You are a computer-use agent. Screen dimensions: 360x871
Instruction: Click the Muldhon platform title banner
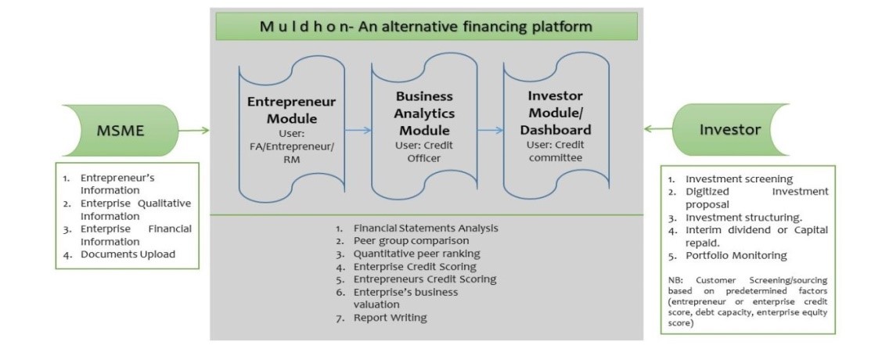(x=427, y=26)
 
